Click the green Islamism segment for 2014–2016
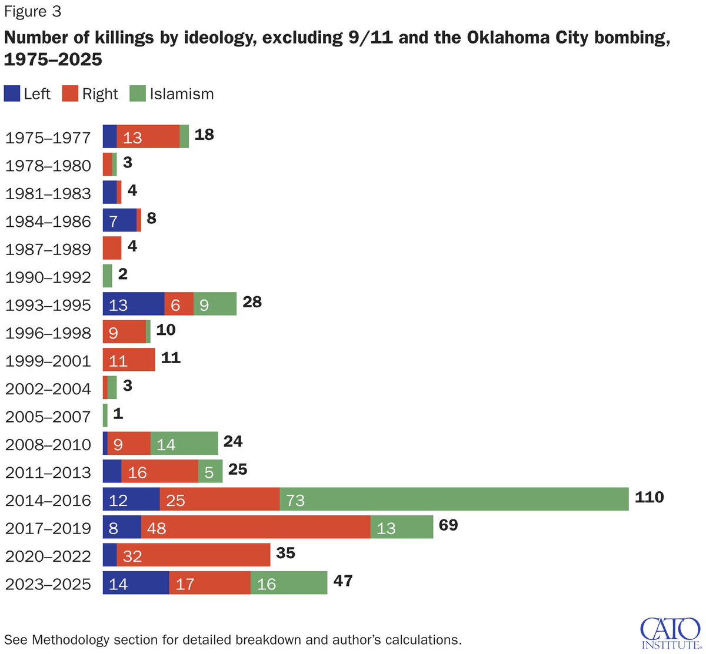(x=454, y=499)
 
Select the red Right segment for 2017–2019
(x=255, y=527)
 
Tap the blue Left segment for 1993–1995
(x=134, y=304)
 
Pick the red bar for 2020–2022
(x=193, y=555)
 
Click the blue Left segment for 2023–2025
(x=136, y=583)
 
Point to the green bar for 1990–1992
(x=107, y=276)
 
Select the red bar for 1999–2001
(x=129, y=360)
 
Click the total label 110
(x=649, y=497)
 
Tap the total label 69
(x=448, y=525)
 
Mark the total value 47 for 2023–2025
(x=342, y=581)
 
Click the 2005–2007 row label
(x=48, y=417)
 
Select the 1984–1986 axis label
(x=48, y=222)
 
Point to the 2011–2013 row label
(x=48, y=472)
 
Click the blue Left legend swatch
(x=12, y=94)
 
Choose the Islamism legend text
(x=181, y=94)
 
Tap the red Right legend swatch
(x=70, y=94)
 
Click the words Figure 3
(x=32, y=12)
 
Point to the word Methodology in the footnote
(x=70, y=639)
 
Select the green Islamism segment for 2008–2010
(x=184, y=444)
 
